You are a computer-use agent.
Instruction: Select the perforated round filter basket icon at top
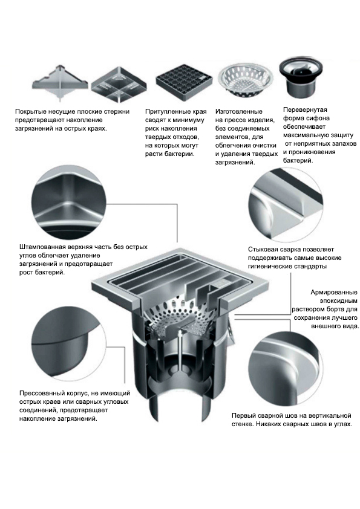point(245,80)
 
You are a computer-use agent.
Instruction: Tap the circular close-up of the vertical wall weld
point(286,368)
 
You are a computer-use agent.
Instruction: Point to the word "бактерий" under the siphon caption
point(298,160)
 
